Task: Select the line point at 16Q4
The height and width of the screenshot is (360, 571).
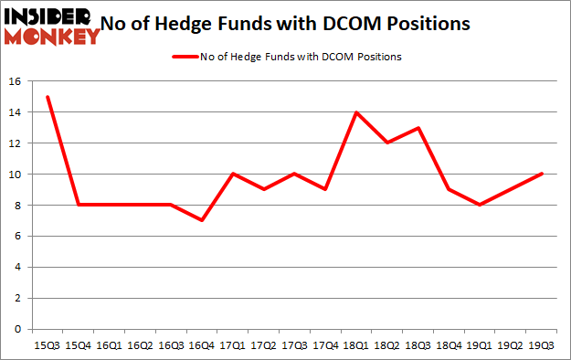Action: [202, 220]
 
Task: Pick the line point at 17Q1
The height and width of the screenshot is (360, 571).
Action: [233, 174]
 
